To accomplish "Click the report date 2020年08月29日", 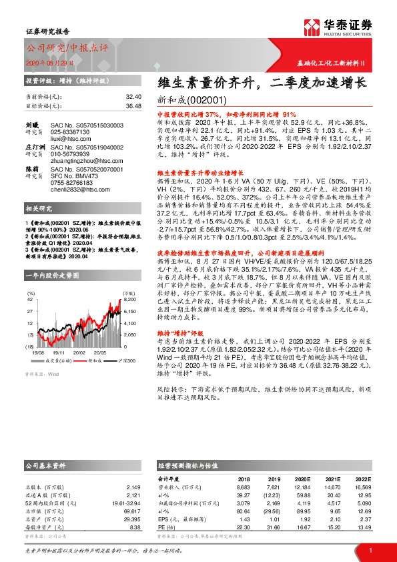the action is (x=45, y=62).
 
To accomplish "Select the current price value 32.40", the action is (x=133, y=97).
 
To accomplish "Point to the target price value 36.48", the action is (x=133, y=105).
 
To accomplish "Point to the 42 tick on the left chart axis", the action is (x=31, y=300).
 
